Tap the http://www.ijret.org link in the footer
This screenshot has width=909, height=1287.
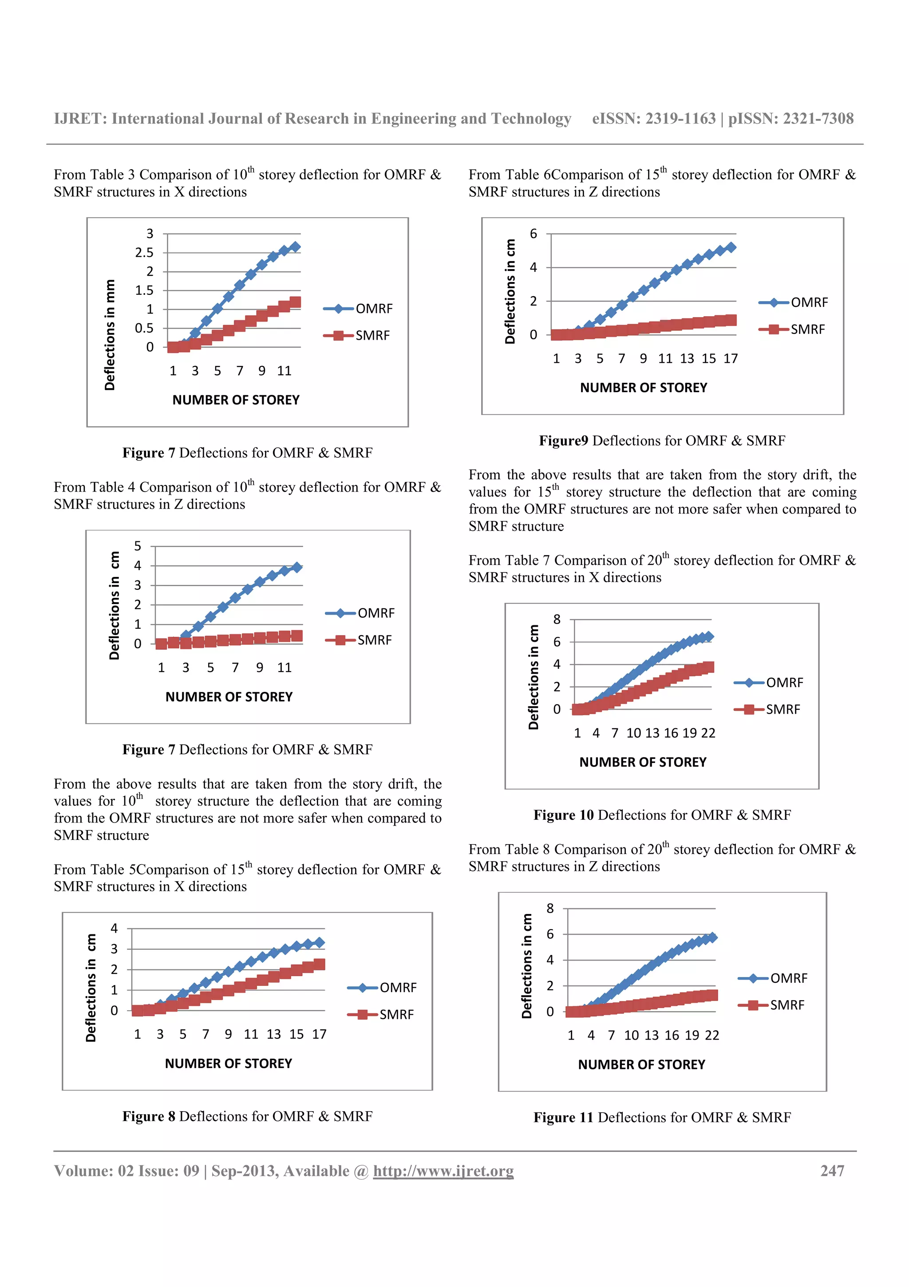point(443,1171)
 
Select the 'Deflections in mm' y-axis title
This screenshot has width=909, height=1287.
point(110,335)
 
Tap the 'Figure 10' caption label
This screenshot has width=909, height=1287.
point(563,815)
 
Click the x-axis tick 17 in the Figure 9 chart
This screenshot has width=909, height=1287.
point(730,359)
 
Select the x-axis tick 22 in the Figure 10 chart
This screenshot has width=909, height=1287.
point(708,733)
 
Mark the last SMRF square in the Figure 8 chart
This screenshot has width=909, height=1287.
point(319,964)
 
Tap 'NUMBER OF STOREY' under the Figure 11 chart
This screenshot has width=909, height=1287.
point(641,1065)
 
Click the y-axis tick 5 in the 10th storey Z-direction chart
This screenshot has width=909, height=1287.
point(138,546)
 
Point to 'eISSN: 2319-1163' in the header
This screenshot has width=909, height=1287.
point(654,119)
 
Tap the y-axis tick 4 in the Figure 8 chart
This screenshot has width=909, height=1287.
point(114,928)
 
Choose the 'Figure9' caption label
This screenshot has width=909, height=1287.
point(563,441)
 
